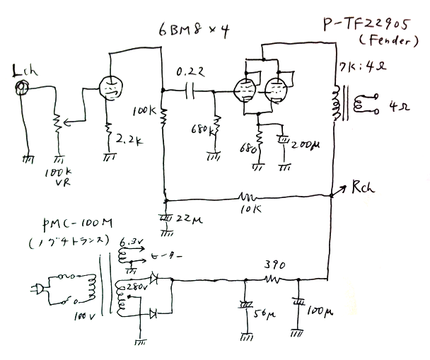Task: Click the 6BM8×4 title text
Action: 195,31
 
